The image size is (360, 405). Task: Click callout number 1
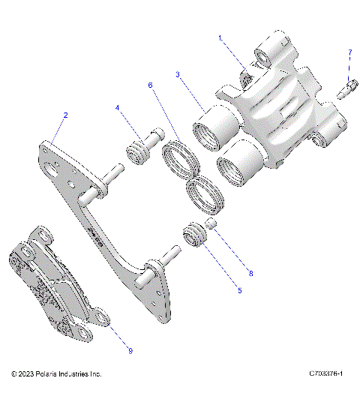[220, 37]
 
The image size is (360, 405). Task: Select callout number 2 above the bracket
[65, 115]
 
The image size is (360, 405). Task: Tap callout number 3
[178, 75]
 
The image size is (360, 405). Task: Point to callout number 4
[118, 109]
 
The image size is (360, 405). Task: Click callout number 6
[150, 85]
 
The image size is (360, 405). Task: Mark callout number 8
[250, 273]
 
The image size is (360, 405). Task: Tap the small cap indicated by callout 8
[212, 224]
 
